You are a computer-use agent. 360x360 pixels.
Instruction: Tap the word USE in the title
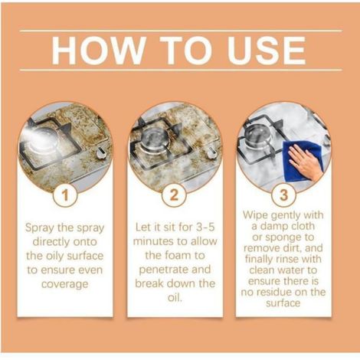[x=267, y=50]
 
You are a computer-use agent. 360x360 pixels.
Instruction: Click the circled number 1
[x=65, y=195]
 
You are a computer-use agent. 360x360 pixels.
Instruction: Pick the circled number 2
[x=174, y=195]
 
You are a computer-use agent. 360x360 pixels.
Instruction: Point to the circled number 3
[x=283, y=195]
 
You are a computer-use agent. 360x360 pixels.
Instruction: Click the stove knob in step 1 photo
[x=100, y=154]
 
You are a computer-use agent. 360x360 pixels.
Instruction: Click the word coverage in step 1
[x=65, y=284]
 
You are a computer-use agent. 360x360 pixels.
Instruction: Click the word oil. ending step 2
[x=175, y=297]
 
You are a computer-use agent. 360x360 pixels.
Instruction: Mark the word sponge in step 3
[x=283, y=237]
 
